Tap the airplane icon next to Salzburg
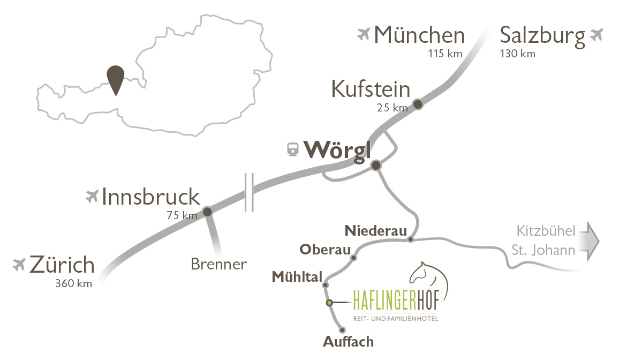(x=596, y=35)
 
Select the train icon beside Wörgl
(x=292, y=149)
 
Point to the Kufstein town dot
(x=418, y=104)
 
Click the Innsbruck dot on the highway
(x=208, y=212)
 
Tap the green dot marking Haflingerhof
(x=330, y=303)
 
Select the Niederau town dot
(x=410, y=239)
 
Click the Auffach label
(x=348, y=342)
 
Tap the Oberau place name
(x=325, y=250)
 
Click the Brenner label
(x=218, y=264)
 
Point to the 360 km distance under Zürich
(x=73, y=284)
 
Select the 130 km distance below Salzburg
(x=517, y=54)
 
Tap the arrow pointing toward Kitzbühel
(x=591, y=241)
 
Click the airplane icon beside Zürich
(x=20, y=265)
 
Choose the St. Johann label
(x=543, y=250)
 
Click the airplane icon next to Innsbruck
(x=92, y=197)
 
